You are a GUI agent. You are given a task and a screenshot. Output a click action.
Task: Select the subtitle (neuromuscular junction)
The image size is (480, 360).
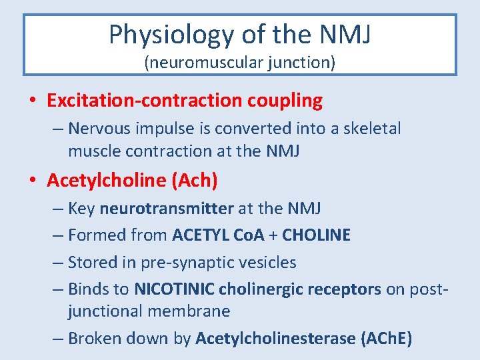pos(240,63)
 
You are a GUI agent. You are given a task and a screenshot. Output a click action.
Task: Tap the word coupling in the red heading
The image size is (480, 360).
pos(285,101)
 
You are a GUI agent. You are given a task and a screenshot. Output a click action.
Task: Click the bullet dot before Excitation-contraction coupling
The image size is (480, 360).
pos(33,101)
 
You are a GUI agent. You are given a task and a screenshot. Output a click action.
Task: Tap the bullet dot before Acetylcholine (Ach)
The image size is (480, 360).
pos(33,181)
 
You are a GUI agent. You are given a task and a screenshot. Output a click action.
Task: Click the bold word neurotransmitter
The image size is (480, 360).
pos(167,209)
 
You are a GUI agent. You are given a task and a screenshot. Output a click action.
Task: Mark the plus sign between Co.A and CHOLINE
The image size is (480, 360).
pos(273,235)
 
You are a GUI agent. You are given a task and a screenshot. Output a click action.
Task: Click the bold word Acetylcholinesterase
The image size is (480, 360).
pos(275,339)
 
